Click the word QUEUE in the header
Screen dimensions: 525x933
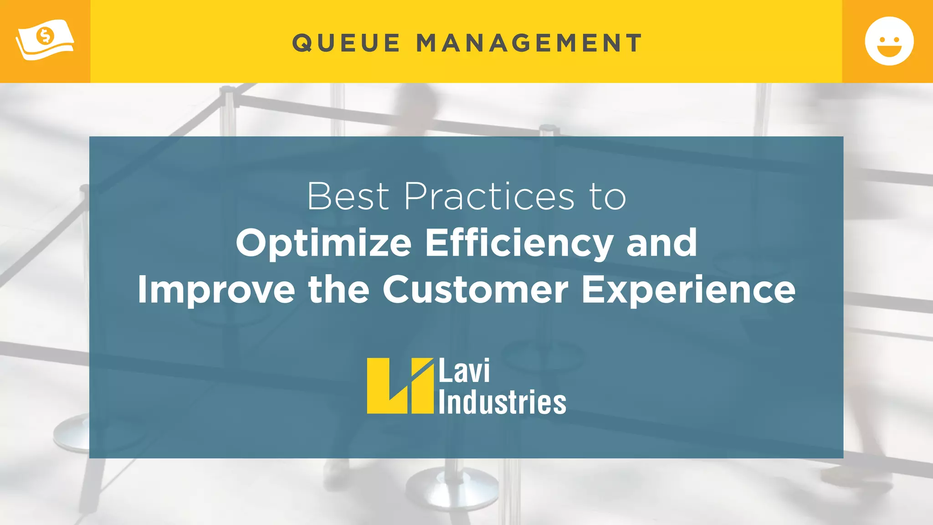[346, 43]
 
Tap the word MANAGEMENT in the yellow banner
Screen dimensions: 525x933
[529, 43]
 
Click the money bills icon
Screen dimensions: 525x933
[45, 40]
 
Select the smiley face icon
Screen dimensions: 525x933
[889, 41]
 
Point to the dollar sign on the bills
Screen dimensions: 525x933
[45, 36]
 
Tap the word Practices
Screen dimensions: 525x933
[489, 196]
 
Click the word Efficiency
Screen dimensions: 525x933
[519, 243]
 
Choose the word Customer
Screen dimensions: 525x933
[475, 289]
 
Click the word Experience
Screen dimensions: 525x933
[688, 290]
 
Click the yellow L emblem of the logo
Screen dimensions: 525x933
[400, 386]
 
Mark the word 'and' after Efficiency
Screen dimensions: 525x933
[661, 242]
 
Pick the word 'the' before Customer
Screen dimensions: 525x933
[338, 289]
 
